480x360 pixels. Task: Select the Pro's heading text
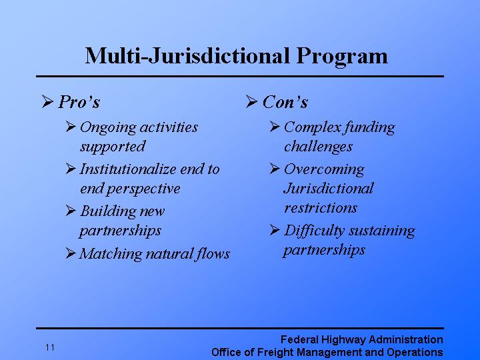click(79, 102)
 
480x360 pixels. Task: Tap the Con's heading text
click(285, 102)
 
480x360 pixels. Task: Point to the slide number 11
click(51, 347)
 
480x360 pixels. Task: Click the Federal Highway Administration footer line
click(361, 340)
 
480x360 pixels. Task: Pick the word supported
click(112, 146)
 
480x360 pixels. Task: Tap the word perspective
click(143, 188)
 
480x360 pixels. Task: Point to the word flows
click(213, 253)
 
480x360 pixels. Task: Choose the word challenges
click(318, 146)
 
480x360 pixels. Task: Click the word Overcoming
click(324, 169)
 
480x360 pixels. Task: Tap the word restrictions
click(321, 207)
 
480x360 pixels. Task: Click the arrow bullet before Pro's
click(47, 102)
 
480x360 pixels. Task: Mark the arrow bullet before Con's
click(251, 102)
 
